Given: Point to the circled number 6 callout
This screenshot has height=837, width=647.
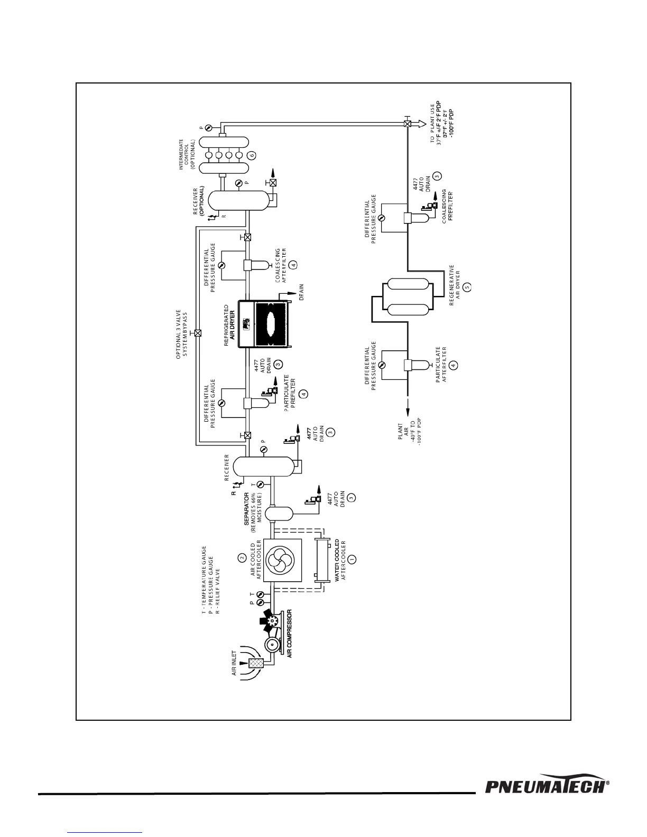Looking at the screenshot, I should pyautogui.click(x=252, y=155).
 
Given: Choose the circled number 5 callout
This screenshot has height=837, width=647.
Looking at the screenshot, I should pyautogui.click(x=467, y=286).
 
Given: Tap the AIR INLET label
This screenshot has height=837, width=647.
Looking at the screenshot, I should pyautogui.click(x=233, y=664).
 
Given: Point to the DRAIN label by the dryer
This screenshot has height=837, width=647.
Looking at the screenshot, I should pyautogui.click(x=301, y=292).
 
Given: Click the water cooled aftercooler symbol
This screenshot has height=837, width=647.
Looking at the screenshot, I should pyautogui.click(x=319, y=561).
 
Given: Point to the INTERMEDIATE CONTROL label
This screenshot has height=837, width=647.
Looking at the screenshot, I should pyautogui.click(x=187, y=154).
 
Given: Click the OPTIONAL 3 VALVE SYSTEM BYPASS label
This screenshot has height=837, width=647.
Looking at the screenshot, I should pyautogui.click(x=182, y=334).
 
